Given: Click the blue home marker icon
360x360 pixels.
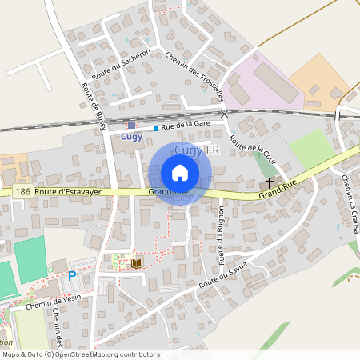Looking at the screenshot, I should (x=180, y=173).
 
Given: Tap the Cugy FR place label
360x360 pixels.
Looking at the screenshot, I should (x=197, y=150).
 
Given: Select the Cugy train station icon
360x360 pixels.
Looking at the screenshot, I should (x=131, y=125).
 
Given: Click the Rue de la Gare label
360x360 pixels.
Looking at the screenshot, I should (x=185, y=126).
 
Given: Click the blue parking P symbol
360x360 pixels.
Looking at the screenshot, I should (x=71, y=276).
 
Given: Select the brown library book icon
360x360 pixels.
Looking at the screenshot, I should (x=137, y=262).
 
